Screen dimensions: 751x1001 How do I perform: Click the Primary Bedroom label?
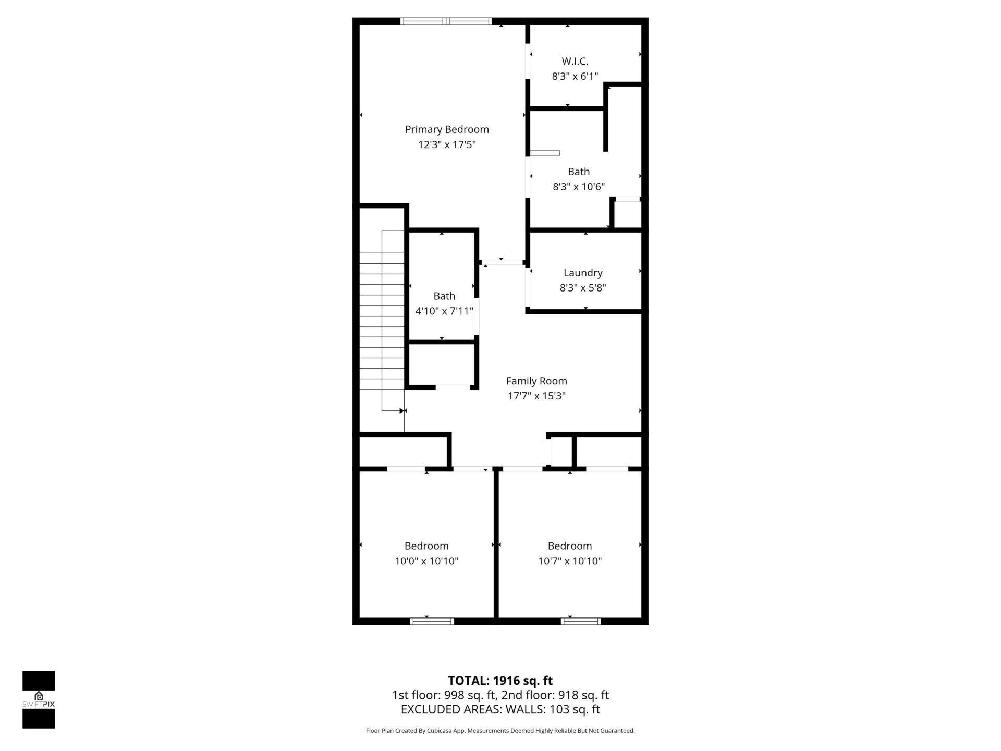pyautogui.click(x=447, y=129)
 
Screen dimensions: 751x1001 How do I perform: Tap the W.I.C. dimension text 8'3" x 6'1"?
pyautogui.click(x=575, y=76)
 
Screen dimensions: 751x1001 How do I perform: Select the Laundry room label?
pyautogui.click(x=583, y=273)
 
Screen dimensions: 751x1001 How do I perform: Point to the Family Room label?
pyautogui.click(x=536, y=381)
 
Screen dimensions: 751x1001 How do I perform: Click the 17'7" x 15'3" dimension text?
pyautogui.click(x=536, y=396)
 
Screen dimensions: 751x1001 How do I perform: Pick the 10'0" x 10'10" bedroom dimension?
pyautogui.click(x=426, y=561)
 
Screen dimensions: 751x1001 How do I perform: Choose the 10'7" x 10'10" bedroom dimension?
pyautogui.click(x=570, y=561)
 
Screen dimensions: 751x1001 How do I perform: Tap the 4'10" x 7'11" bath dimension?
pyautogui.click(x=444, y=311)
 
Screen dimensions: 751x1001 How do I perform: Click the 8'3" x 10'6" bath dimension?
pyautogui.click(x=579, y=187)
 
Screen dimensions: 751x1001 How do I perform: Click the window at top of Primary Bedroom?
pyautogui.click(x=446, y=21)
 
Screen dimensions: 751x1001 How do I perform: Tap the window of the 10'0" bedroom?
pyautogui.click(x=432, y=621)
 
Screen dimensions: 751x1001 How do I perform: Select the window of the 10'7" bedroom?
pyautogui.click(x=581, y=621)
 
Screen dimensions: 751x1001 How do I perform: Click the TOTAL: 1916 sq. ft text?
pyautogui.click(x=500, y=681)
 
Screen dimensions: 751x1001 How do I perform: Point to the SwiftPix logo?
pyautogui.click(x=39, y=699)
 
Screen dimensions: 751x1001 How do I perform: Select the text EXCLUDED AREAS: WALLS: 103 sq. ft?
pyautogui.click(x=500, y=709)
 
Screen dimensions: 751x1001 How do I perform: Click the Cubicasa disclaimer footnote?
pyautogui.click(x=500, y=731)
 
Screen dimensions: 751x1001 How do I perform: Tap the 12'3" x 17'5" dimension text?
pyautogui.click(x=447, y=144)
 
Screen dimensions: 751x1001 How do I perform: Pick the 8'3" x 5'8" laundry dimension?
pyautogui.click(x=583, y=288)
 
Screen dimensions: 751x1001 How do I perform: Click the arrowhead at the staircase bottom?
pyautogui.click(x=402, y=411)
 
